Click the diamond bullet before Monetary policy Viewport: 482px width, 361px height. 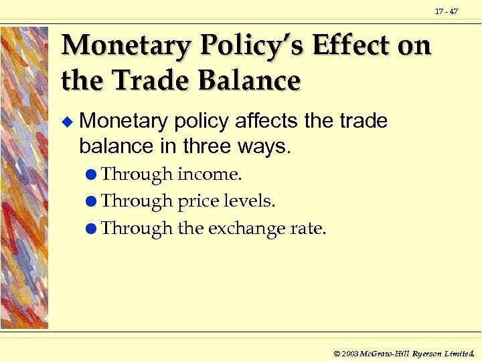[66, 122]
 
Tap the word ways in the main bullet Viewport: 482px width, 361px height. [263, 146]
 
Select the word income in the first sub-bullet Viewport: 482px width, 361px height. [208, 174]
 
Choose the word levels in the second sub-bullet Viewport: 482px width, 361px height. [250, 201]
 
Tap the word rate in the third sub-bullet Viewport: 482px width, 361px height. [310, 229]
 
